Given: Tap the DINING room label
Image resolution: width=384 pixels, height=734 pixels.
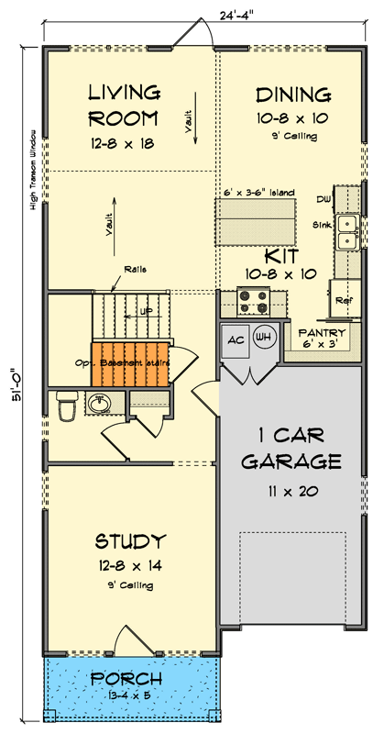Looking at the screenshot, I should [293, 95].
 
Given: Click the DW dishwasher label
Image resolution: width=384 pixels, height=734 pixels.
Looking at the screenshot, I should [324, 198].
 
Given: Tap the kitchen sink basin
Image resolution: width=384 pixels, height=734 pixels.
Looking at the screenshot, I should [347, 232].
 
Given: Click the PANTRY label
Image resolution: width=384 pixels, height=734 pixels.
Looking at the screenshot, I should [322, 333].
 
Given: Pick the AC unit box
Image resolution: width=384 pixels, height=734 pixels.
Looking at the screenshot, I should [235, 339].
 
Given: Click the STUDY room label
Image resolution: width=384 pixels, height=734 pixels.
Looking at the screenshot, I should [129, 540].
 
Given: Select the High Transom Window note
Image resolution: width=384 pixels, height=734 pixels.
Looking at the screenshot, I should [34, 171].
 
